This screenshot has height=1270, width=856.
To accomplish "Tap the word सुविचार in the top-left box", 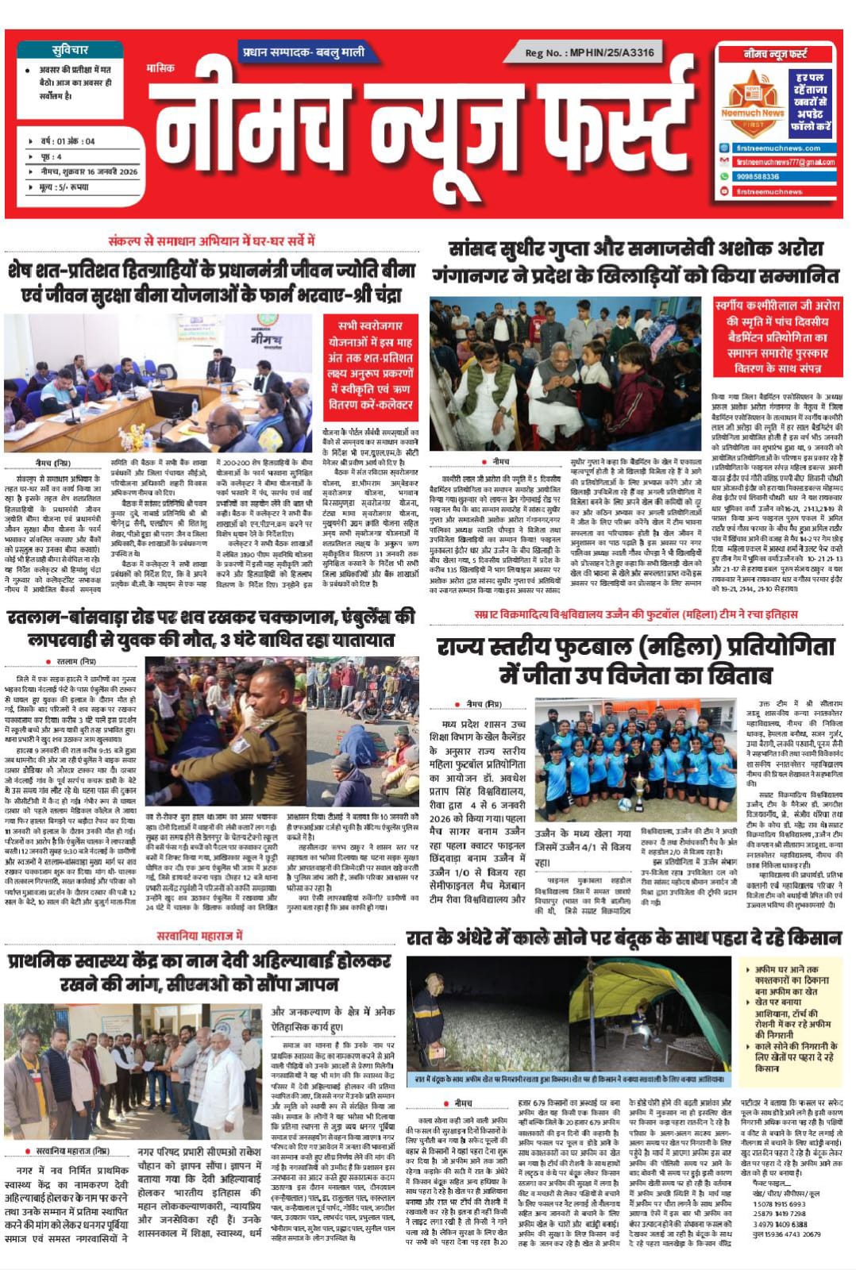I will coord(70,50).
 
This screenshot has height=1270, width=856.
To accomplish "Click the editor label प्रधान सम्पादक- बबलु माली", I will coord(304,52).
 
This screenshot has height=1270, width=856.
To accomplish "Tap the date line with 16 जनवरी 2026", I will coord(89,171).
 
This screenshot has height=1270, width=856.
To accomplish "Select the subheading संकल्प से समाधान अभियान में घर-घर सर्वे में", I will coord(212,241).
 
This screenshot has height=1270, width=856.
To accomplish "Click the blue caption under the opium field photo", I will coord(568,1079).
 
